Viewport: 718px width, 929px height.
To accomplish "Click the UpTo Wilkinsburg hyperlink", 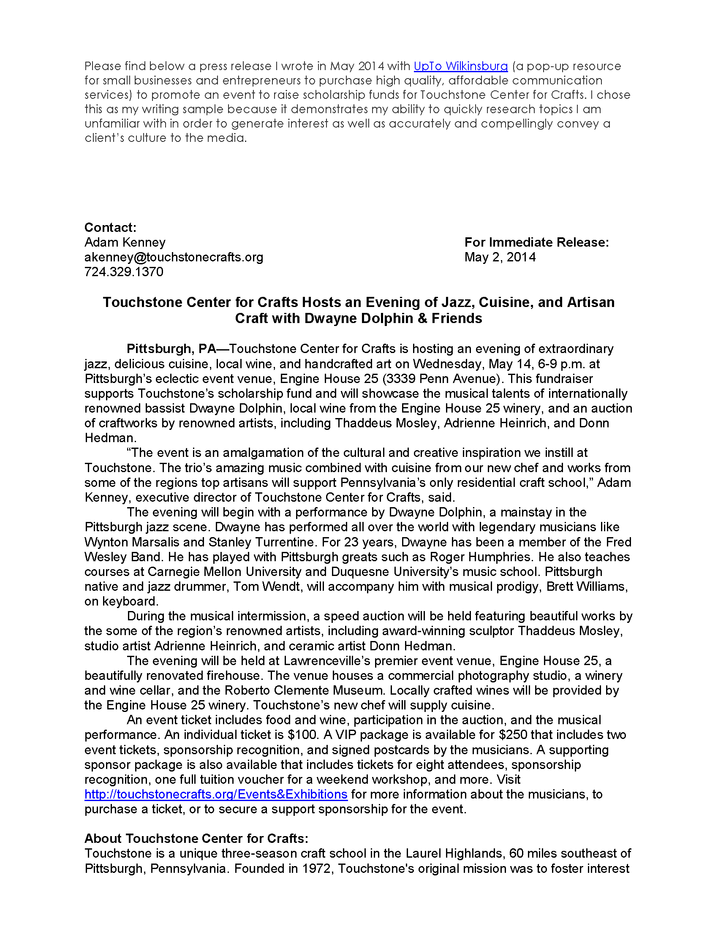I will (460, 66).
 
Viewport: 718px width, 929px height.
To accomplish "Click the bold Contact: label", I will (110, 227).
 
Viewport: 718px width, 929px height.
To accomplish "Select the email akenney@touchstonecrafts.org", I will (174, 257).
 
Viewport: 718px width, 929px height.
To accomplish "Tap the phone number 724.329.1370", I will (123, 272).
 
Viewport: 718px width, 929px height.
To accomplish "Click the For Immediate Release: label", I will (536, 242).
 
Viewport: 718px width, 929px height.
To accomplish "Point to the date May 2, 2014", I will (500, 257).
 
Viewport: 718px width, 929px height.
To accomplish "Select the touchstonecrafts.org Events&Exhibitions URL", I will (216, 794).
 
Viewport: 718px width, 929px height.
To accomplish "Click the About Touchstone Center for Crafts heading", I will (196, 838).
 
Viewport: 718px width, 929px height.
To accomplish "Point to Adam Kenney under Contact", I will (125, 242).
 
